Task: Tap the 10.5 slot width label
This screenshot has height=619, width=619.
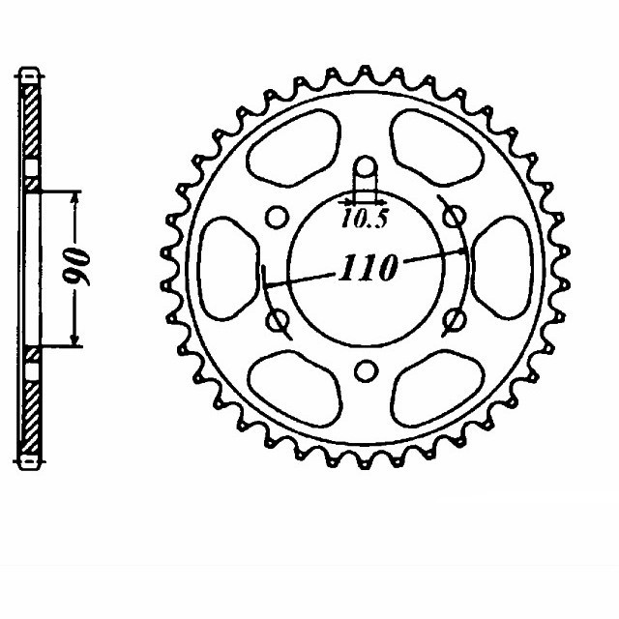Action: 364,219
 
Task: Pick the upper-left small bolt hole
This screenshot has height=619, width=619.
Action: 276,216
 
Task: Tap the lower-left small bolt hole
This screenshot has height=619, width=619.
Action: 277,319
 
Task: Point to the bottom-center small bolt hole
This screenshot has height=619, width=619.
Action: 365,370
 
